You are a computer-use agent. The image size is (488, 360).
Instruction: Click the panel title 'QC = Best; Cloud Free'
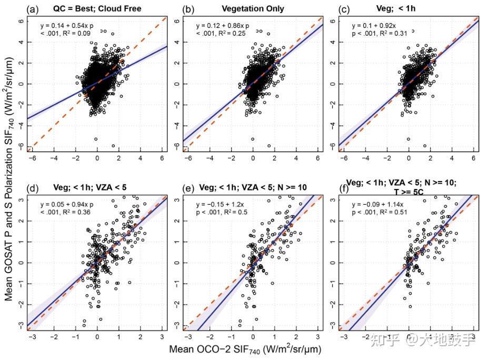(x=97, y=8)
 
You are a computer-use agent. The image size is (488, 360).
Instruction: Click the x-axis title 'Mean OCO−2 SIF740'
(x=245, y=349)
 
